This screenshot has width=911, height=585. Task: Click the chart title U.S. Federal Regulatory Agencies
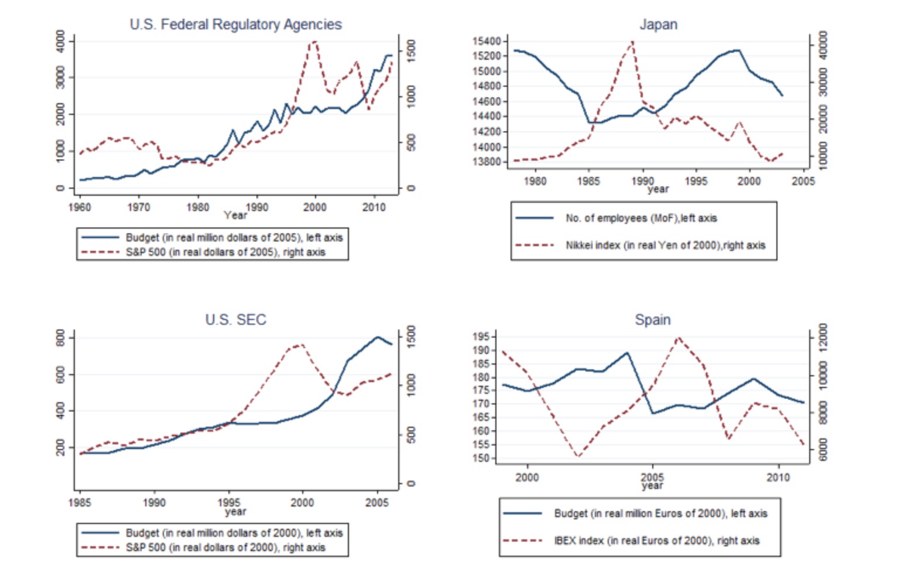click(x=235, y=25)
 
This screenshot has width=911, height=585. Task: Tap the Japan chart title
click(x=658, y=25)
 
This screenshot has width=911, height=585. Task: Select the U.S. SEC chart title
click(x=235, y=320)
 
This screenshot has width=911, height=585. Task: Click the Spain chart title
click(x=653, y=320)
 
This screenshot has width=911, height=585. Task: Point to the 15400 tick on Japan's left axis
click(x=487, y=41)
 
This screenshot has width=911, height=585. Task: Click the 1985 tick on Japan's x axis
click(x=588, y=181)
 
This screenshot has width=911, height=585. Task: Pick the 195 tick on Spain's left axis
click(x=482, y=336)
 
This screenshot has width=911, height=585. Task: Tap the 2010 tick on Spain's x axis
click(x=778, y=477)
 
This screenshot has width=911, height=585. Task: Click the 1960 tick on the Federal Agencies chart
click(x=80, y=207)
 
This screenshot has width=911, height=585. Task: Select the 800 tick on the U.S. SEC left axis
click(x=60, y=338)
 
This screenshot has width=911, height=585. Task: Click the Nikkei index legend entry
click(x=665, y=246)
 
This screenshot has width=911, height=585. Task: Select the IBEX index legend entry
click(x=656, y=541)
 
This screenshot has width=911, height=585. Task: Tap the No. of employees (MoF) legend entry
click(x=641, y=218)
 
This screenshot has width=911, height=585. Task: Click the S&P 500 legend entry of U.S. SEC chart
click(x=225, y=547)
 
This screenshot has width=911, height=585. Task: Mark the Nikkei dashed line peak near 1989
click(x=632, y=42)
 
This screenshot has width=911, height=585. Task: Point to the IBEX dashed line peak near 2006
click(x=678, y=338)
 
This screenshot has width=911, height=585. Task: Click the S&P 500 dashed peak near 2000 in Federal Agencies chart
click(x=314, y=42)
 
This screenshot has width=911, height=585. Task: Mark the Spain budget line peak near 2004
click(x=627, y=353)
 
